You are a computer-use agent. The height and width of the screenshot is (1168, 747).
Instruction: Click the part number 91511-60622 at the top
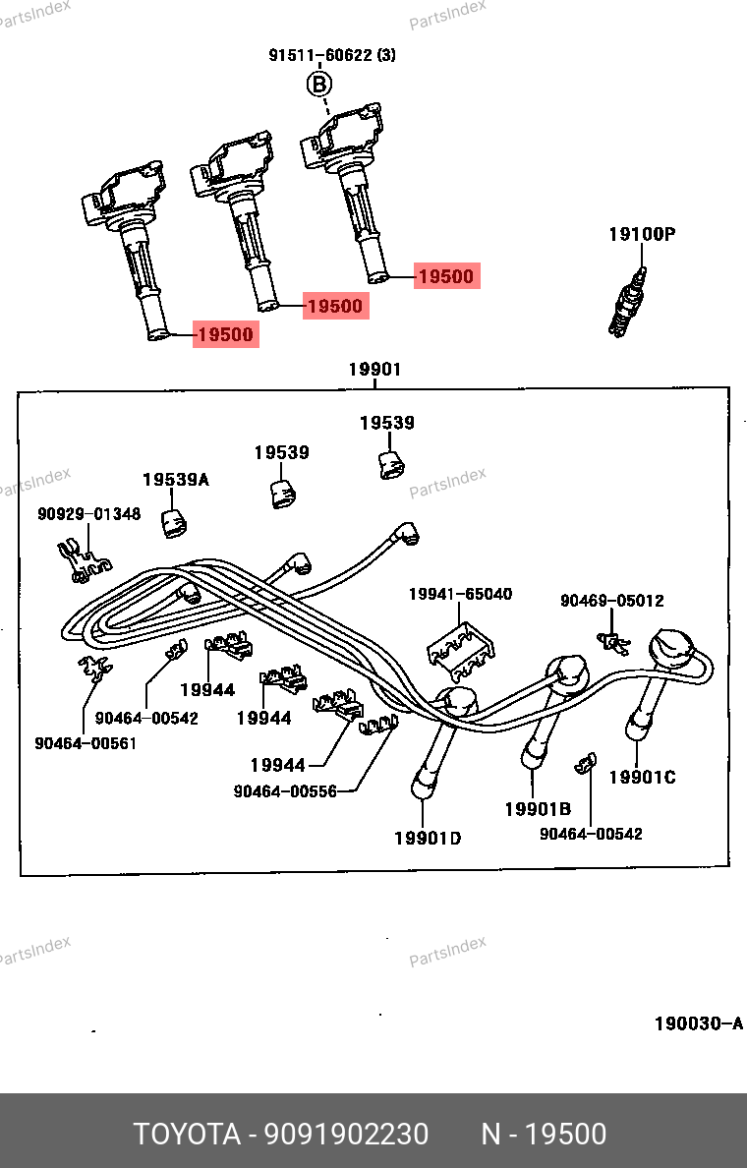(x=321, y=56)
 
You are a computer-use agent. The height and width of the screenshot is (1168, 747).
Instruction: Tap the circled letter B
(x=318, y=85)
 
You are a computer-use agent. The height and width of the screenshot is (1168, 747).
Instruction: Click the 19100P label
(x=642, y=234)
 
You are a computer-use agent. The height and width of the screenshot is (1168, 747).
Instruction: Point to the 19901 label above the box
(x=374, y=370)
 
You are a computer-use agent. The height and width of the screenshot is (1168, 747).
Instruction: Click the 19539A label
(x=176, y=480)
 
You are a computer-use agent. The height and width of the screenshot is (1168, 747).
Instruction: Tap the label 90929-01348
(x=89, y=514)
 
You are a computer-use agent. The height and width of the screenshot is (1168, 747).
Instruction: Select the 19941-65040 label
(x=460, y=594)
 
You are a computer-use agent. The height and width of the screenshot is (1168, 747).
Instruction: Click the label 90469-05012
(x=611, y=601)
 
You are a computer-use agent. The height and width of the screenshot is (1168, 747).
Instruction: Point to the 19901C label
(x=642, y=778)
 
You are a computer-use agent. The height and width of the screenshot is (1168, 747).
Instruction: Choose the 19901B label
(x=538, y=809)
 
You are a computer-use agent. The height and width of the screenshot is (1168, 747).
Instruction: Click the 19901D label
(x=428, y=838)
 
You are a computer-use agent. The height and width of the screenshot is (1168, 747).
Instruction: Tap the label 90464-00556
(x=285, y=790)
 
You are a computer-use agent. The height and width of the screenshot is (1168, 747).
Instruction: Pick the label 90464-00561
(x=86, y=743)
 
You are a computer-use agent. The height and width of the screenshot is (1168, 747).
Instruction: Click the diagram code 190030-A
(x=699, y=1023)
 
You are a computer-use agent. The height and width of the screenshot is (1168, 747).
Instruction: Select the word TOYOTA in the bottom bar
(x=187, y=1135)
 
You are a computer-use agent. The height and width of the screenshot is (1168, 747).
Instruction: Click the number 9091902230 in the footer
(x=345, y=1135)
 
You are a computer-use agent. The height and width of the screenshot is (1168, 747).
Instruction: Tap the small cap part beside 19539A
(x=175, y=524)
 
